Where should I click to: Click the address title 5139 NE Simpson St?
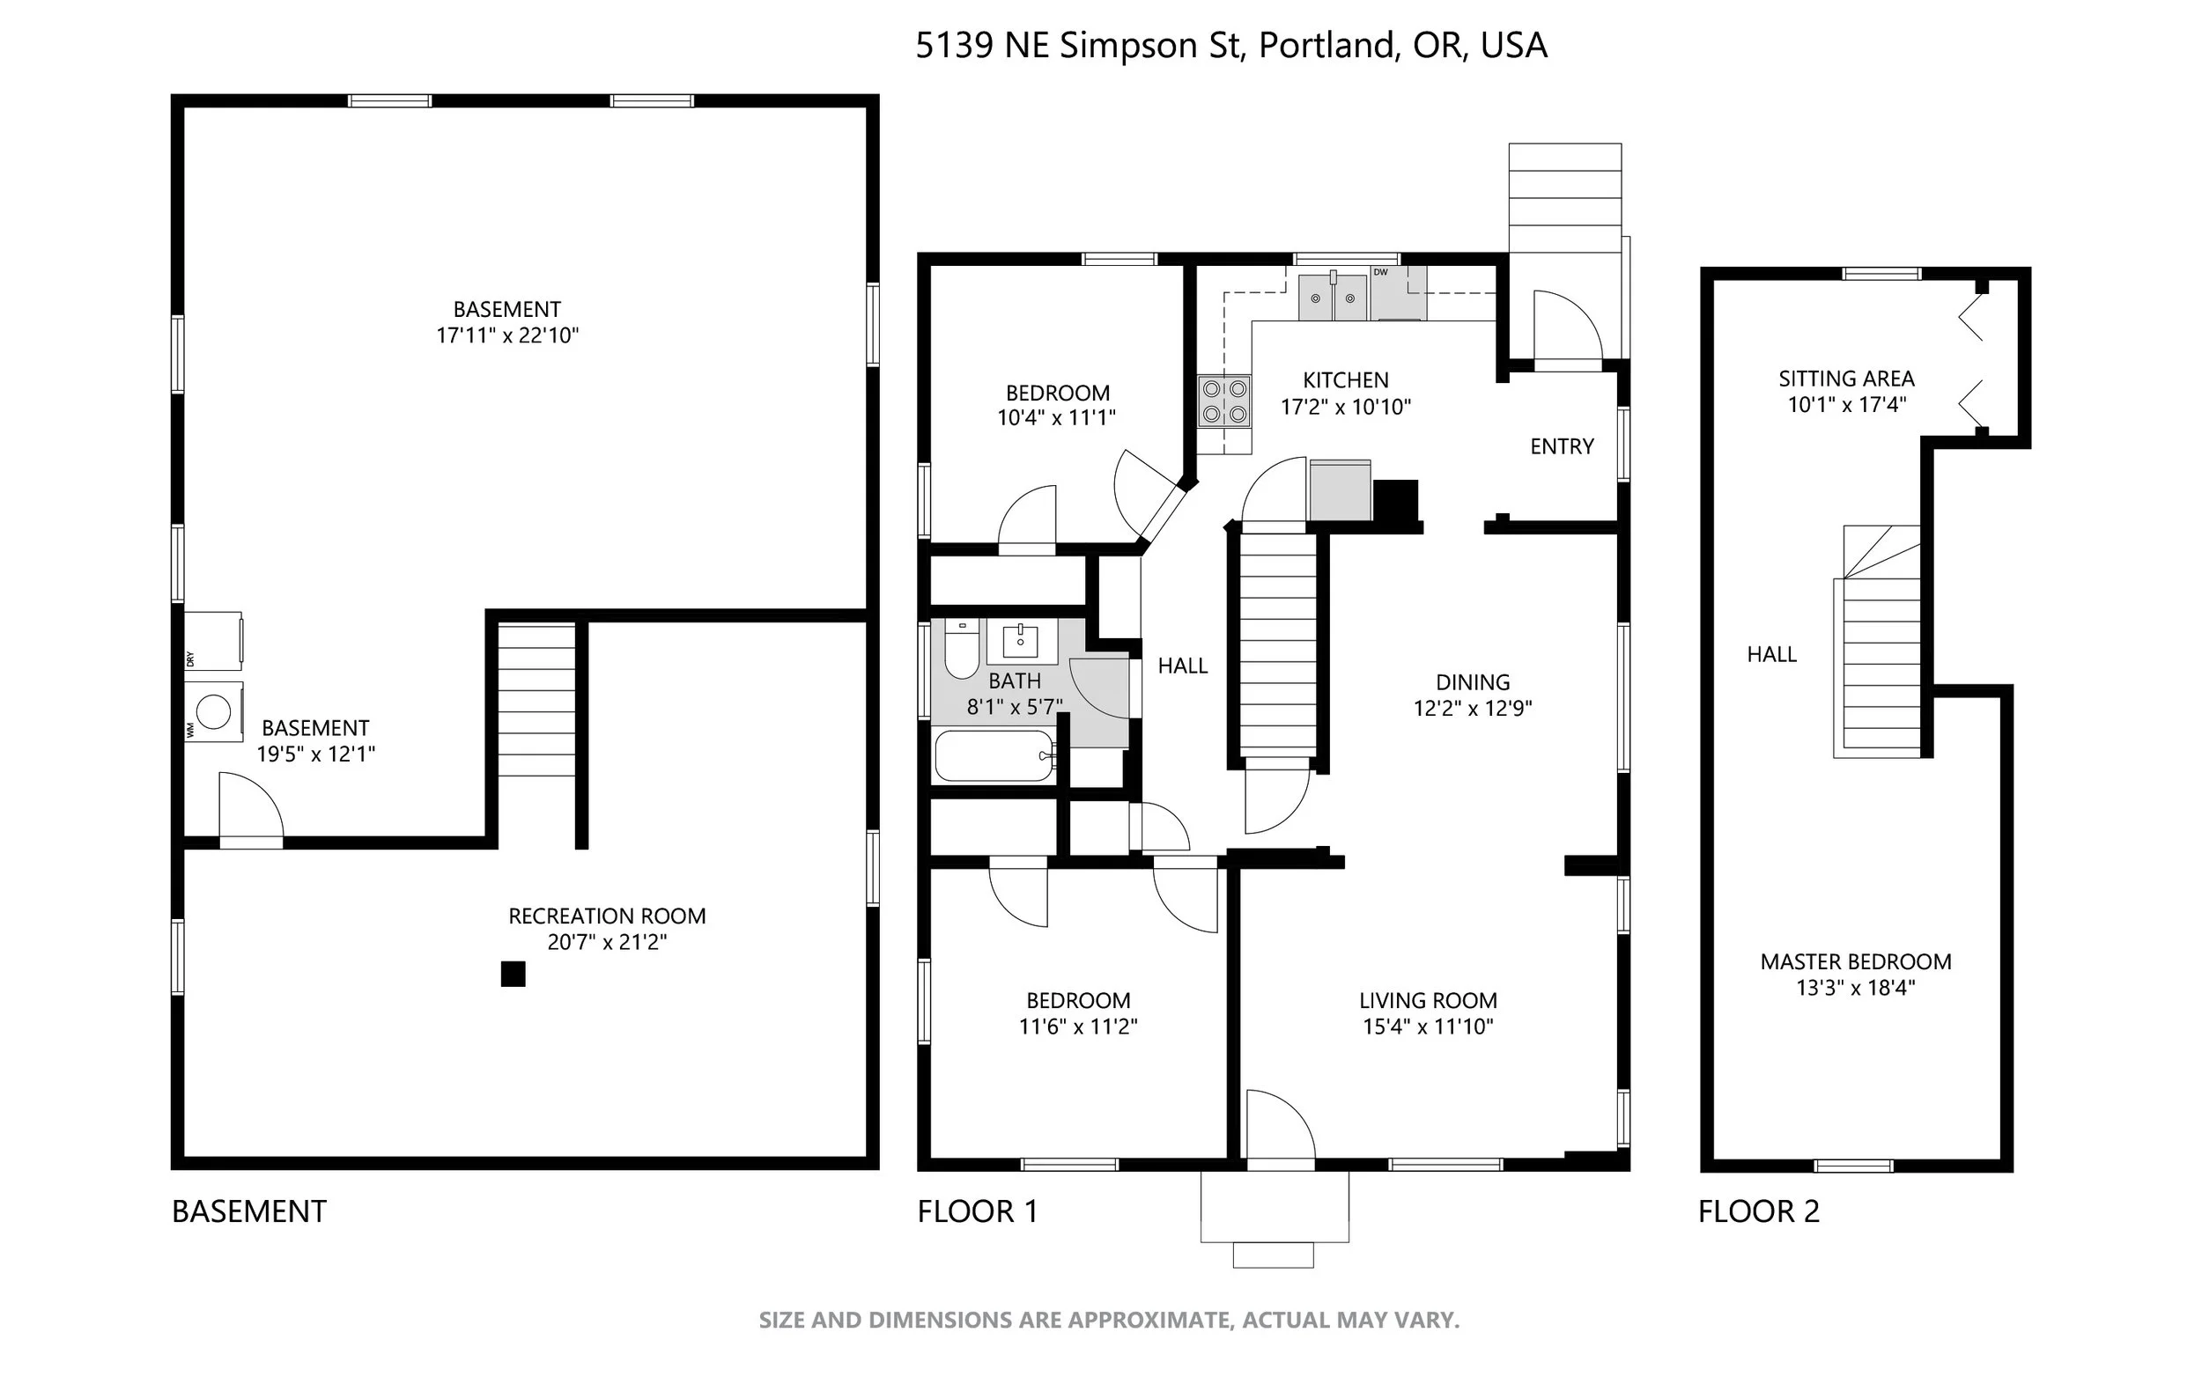click(1079, 46)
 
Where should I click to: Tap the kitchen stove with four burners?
click(1224, 401)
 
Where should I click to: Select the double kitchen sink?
click(1333, 297)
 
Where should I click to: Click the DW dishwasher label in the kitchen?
click(1380, 272)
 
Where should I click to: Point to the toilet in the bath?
click(961, 648)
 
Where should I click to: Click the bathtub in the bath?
click(995, 755)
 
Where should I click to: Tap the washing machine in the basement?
click(214, 711)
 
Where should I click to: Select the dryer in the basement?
click(213, 641)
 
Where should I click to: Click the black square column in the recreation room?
click(514, 974)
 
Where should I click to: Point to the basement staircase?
click(537, 700)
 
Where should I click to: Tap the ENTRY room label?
click(1562, 446)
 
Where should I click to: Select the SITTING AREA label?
click(1846, 379)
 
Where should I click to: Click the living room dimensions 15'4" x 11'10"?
click(1428, 1026)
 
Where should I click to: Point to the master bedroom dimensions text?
click(1855, 988)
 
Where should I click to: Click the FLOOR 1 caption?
click(978, 1211)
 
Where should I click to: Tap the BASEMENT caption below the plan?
click(249, 1211)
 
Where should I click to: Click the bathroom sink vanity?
click(1023, 642)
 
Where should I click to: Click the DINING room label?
click(1473, 682)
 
